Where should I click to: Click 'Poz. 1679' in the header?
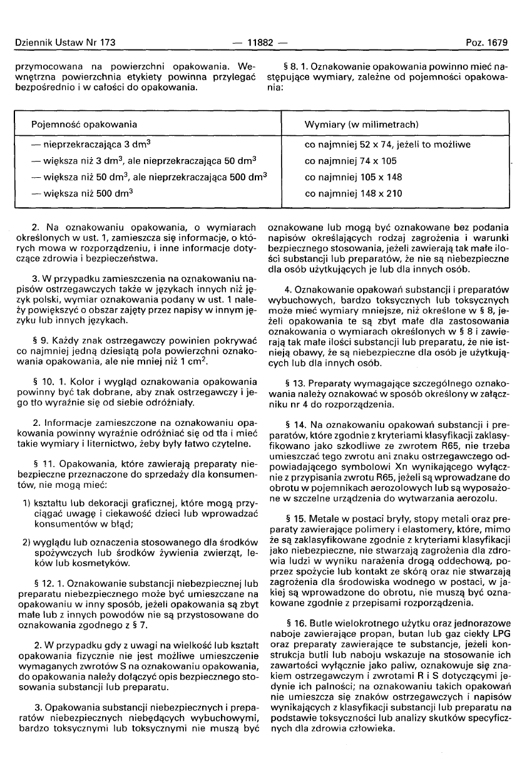pyautogui.click(x=486, y=43)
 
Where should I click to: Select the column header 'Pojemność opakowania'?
pyautogui.click(x=84, y=125)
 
